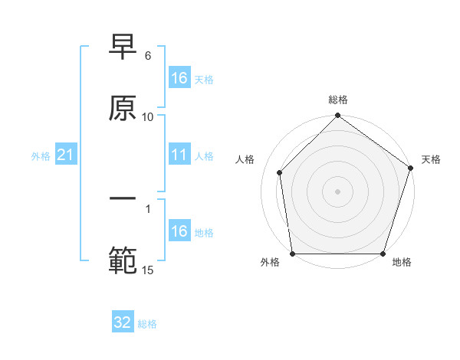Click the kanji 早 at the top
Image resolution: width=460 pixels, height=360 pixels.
click(x=123, y=48)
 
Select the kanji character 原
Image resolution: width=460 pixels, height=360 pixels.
click(x=123, y=108)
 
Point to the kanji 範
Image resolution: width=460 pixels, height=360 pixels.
click(x=123, y=261)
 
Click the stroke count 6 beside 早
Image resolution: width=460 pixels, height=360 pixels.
click(x=148, y=57)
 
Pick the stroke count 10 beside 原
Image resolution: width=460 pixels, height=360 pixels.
click(x=148, y=117)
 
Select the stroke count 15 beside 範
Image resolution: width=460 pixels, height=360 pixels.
click(x=148, y=270)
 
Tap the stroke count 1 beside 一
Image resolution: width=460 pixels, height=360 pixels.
click(x=148, y=208)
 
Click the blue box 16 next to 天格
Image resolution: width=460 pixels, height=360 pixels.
click(x=179, y=78)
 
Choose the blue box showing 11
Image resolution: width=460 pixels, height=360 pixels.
click(x=179, y=155)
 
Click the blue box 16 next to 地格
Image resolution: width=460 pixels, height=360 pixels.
click(x=179, y=231)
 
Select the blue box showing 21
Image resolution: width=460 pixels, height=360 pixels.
click(x=66, y=155)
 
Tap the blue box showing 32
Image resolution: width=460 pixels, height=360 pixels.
click(x=123, y=322)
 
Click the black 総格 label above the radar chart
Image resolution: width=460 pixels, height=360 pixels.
click(x=338, y=100)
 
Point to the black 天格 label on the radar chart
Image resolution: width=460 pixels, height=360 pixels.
click(x=432, y=159)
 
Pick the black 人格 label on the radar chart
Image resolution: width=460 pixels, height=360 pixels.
click(x=245, y=159)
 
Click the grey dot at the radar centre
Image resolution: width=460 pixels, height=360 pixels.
click(x=338, y=191)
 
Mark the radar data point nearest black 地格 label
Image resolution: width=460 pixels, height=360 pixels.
click(x=383, y=254)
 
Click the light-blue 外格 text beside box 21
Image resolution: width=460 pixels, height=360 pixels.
click(x=41, y=156)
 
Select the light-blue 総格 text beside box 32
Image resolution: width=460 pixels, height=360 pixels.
click(x=147, y=324)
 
